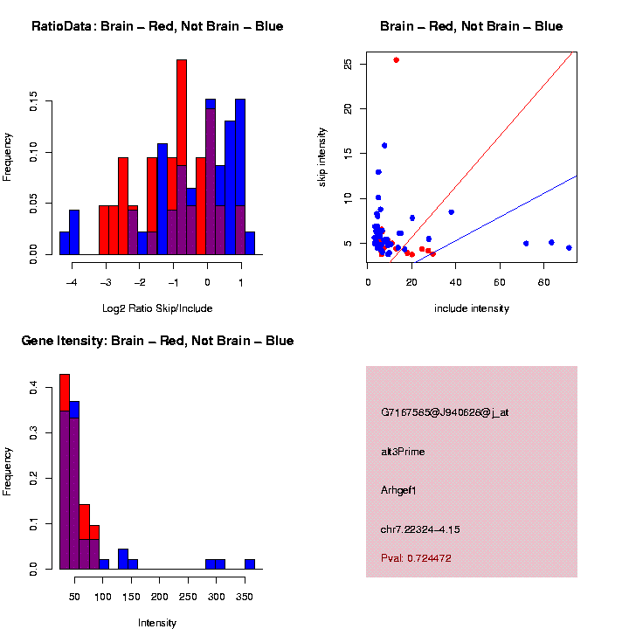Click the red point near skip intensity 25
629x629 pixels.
396,60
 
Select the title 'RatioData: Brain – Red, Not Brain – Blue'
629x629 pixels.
157,26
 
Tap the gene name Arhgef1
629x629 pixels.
399,490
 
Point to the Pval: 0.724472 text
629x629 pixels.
416,558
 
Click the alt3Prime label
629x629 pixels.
403,452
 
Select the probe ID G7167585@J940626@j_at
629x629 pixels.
445,412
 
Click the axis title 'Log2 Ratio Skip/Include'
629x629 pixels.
156,308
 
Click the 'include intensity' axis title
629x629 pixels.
472,308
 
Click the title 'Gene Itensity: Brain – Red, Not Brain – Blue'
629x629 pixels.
157,341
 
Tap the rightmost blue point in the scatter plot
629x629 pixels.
569,248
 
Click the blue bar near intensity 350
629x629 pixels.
249,564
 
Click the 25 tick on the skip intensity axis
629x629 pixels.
349,64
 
